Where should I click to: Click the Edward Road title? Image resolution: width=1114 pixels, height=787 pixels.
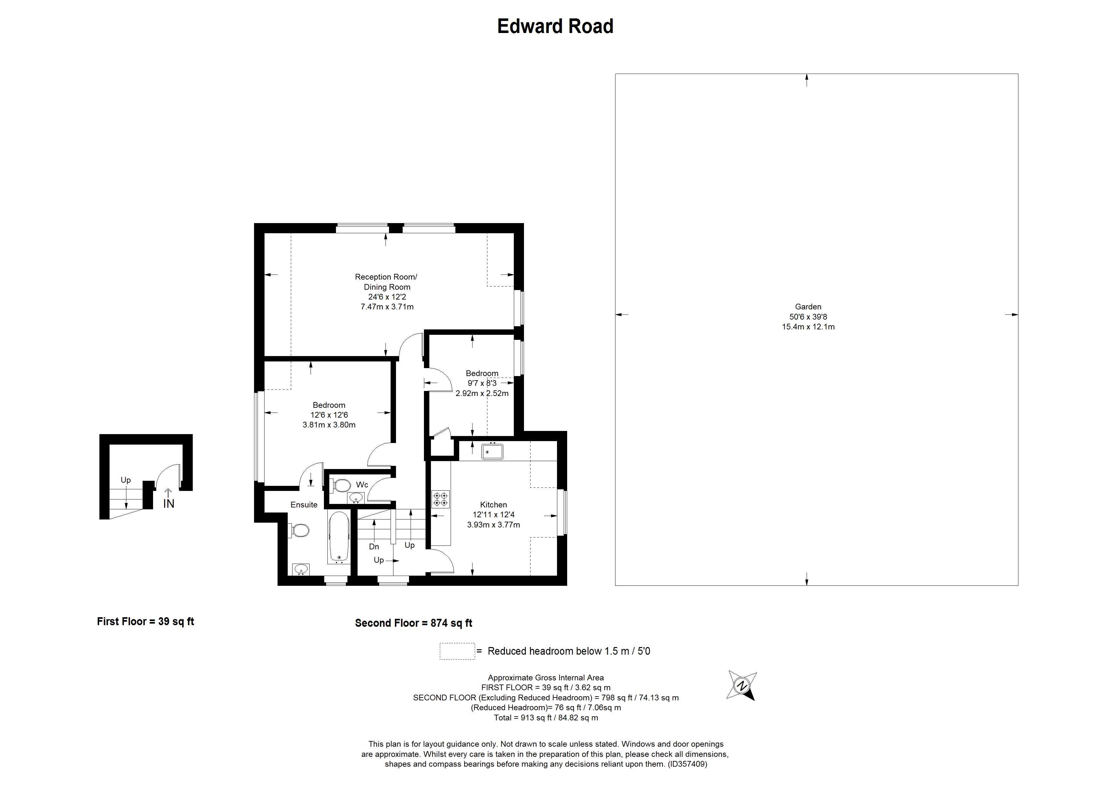[x=555, y=26]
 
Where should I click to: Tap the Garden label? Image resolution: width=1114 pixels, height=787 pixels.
[x=808, y=307]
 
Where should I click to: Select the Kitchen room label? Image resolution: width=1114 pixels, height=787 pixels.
[x=493, y=505]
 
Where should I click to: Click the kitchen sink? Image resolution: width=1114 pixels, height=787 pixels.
[x=492, y=452]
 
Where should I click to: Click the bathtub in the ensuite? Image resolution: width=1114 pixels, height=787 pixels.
[x=339, y=537]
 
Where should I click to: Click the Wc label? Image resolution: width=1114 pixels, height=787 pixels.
[x=362, y=485]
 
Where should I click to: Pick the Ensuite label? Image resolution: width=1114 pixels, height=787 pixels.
[x=304, y=505]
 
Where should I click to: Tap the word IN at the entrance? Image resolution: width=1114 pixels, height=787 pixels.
[x=168, y=504]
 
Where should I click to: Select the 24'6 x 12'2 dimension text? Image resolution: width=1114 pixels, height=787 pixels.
[x=387, y=297]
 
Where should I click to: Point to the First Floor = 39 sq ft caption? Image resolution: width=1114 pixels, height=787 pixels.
[x=145, y=622]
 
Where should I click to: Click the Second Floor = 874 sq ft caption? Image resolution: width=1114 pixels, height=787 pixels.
[x=413, y=623]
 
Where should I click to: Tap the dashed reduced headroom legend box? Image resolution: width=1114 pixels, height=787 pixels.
[x=457, y=651]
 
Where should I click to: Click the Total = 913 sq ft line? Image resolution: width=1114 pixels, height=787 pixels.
[x=546, y=718]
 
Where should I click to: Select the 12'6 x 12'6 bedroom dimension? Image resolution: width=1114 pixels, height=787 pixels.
[x=329, y=415]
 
